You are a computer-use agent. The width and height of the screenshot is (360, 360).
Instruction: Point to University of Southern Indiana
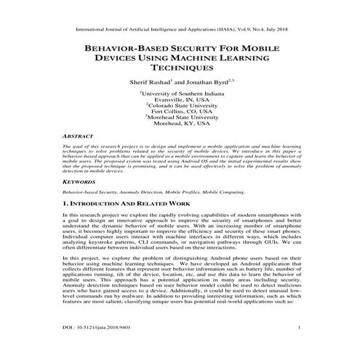coord(180,94)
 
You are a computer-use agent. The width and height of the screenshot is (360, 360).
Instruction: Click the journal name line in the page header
coord(180,11)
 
